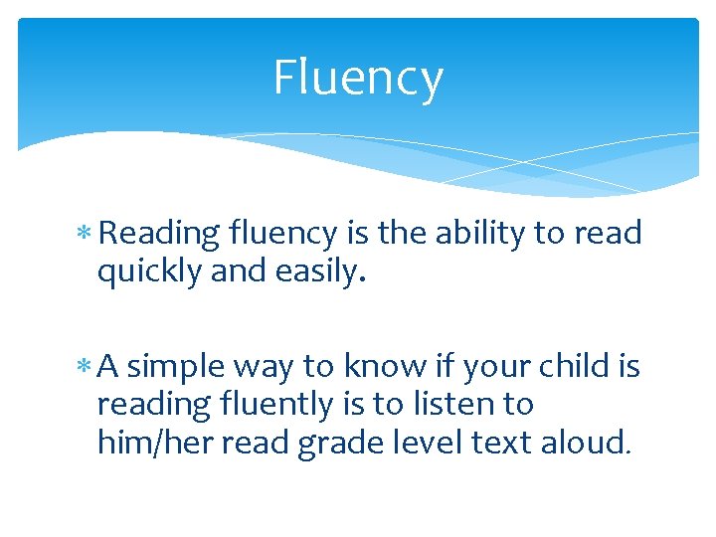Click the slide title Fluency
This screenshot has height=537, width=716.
pyautogui.click(x=358, y=78)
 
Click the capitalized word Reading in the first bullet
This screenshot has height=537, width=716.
pyautogui.click(x=159, y=235)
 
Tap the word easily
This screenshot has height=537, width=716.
pyautogui.click(x=317, y=271)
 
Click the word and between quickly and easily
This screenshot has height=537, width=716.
pyautogui.click(x=231, y=271)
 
